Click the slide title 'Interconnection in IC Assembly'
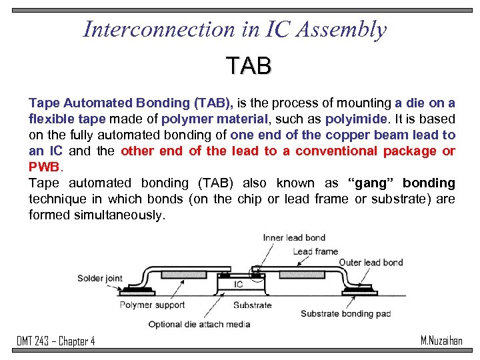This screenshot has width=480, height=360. [x=235, y=29]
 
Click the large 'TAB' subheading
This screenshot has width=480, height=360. [x=248, y=66]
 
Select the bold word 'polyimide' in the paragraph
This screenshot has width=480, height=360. [x=356, y=119]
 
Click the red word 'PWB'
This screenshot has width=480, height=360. [x=44, y=167]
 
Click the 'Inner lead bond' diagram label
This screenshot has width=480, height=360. [x=294, y=238]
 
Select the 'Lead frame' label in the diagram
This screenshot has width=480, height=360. [x=315, y=251]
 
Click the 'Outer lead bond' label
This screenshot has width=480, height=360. [x=371, y=262]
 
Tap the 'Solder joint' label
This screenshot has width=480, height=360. [x=100, y=278]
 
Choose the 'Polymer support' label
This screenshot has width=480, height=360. [x=153, y=305]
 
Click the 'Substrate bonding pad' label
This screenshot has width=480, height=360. [x=345, y=313]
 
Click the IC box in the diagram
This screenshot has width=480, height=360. [x=238, y=285]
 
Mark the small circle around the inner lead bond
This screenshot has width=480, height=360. [x=255, y=273]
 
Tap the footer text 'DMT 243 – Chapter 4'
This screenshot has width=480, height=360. [x=56, y=341]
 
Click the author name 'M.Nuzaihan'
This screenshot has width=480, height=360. [x=441, y=341]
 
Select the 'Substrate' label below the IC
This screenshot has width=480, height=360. [x=252, y=305]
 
